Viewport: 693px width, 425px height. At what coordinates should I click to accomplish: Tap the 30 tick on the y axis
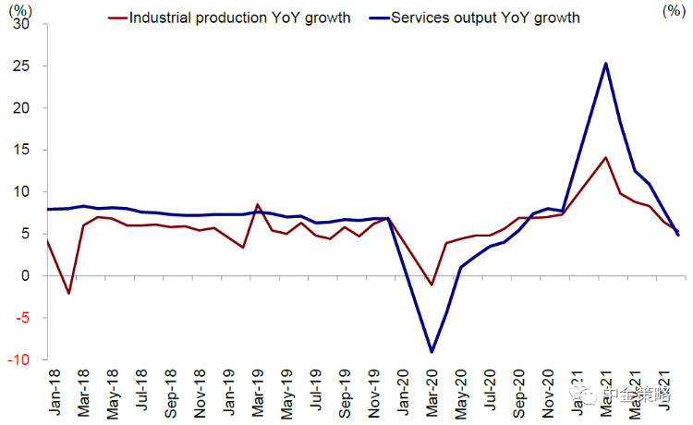22,25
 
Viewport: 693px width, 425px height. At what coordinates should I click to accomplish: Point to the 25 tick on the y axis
22,67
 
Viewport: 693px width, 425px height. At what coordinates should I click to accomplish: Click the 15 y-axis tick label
22,151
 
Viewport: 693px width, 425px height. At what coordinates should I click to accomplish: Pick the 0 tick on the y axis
27,276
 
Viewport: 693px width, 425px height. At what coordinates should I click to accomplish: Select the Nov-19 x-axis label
375,392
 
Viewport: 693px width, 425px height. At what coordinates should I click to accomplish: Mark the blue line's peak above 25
605,64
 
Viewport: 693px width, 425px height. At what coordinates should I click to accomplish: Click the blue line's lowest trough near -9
432,352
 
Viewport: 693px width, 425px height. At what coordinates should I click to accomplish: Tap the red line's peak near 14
605,158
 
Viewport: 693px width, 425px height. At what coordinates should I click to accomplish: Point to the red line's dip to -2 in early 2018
68,293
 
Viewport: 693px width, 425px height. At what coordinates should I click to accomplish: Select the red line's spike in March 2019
258,205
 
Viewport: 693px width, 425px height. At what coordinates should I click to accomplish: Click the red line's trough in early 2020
432,285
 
